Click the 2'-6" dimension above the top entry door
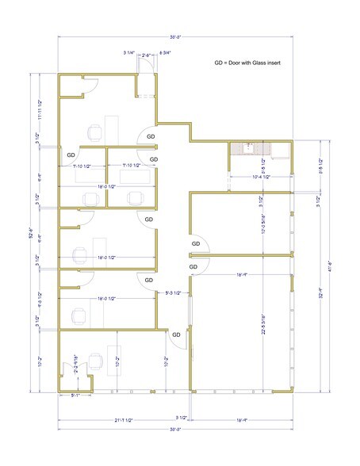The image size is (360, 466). click(147, 54)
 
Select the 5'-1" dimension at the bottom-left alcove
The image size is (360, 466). click(76, 394)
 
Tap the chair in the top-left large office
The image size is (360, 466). click(94, 132)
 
